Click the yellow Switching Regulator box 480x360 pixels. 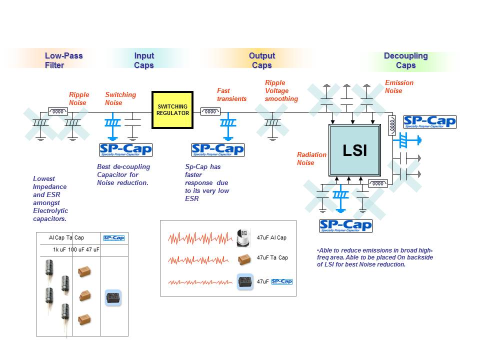[x=173, y=110]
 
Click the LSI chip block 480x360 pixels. [x=355, y=150]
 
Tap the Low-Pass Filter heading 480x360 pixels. [x=63, y=60]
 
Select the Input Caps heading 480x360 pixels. [x=144, y=60]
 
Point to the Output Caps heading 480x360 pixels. [x=262, y=60]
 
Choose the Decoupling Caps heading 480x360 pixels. [x=405, y=60]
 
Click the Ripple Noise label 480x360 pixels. [x=79, y=98]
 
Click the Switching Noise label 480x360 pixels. [x=120, y=98]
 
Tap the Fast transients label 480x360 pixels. [x=231, y=94]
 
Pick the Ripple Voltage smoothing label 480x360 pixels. [x=281, y=90]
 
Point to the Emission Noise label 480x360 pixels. [x=399, y=86]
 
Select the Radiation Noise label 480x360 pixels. [x=311, y=158]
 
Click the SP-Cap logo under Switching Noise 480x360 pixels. [x=125, y=149]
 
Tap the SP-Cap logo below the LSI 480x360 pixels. [x=345, y=226]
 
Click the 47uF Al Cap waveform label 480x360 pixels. [x=271, y=237]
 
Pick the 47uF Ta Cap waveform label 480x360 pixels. [x=272, y=257]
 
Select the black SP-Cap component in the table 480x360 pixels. [x=113, y=298]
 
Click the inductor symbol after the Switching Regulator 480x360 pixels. [x=210, y=111]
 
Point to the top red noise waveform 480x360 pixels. [x=200, y=238]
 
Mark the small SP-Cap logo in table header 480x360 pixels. [x=113, y=238]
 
